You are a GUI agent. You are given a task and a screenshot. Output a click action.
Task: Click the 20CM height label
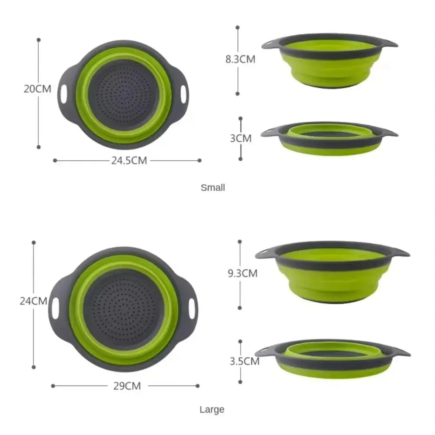click(x=37, y=89)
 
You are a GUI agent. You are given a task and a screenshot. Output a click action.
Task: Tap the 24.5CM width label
click(x=129, y=160)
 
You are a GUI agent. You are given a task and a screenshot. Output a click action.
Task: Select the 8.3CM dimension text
click(x=240, y=60)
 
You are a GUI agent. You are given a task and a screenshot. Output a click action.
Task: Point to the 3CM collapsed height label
click(x=241, y=138)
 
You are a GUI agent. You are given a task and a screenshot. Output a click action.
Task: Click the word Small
click(x=213, y=188)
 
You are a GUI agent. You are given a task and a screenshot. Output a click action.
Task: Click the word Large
click(x=212, y=409)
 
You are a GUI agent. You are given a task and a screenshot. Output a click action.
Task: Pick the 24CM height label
click(x=33, y=301)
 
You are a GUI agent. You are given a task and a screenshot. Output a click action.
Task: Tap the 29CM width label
click(x=126, y=385)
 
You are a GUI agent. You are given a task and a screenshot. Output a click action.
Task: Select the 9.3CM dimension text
click(x=242, y=273)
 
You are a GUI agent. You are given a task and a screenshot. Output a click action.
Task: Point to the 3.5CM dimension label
click(x=245, y=361)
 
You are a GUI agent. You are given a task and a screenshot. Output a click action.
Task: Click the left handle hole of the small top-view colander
click(x=64, y=94)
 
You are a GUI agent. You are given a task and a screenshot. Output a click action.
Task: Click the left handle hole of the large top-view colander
click(x=55, y=308)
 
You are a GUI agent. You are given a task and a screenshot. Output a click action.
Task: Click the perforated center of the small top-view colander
click(x=124, y=95)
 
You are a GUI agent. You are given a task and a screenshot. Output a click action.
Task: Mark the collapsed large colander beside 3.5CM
click(x=332, y=359)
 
